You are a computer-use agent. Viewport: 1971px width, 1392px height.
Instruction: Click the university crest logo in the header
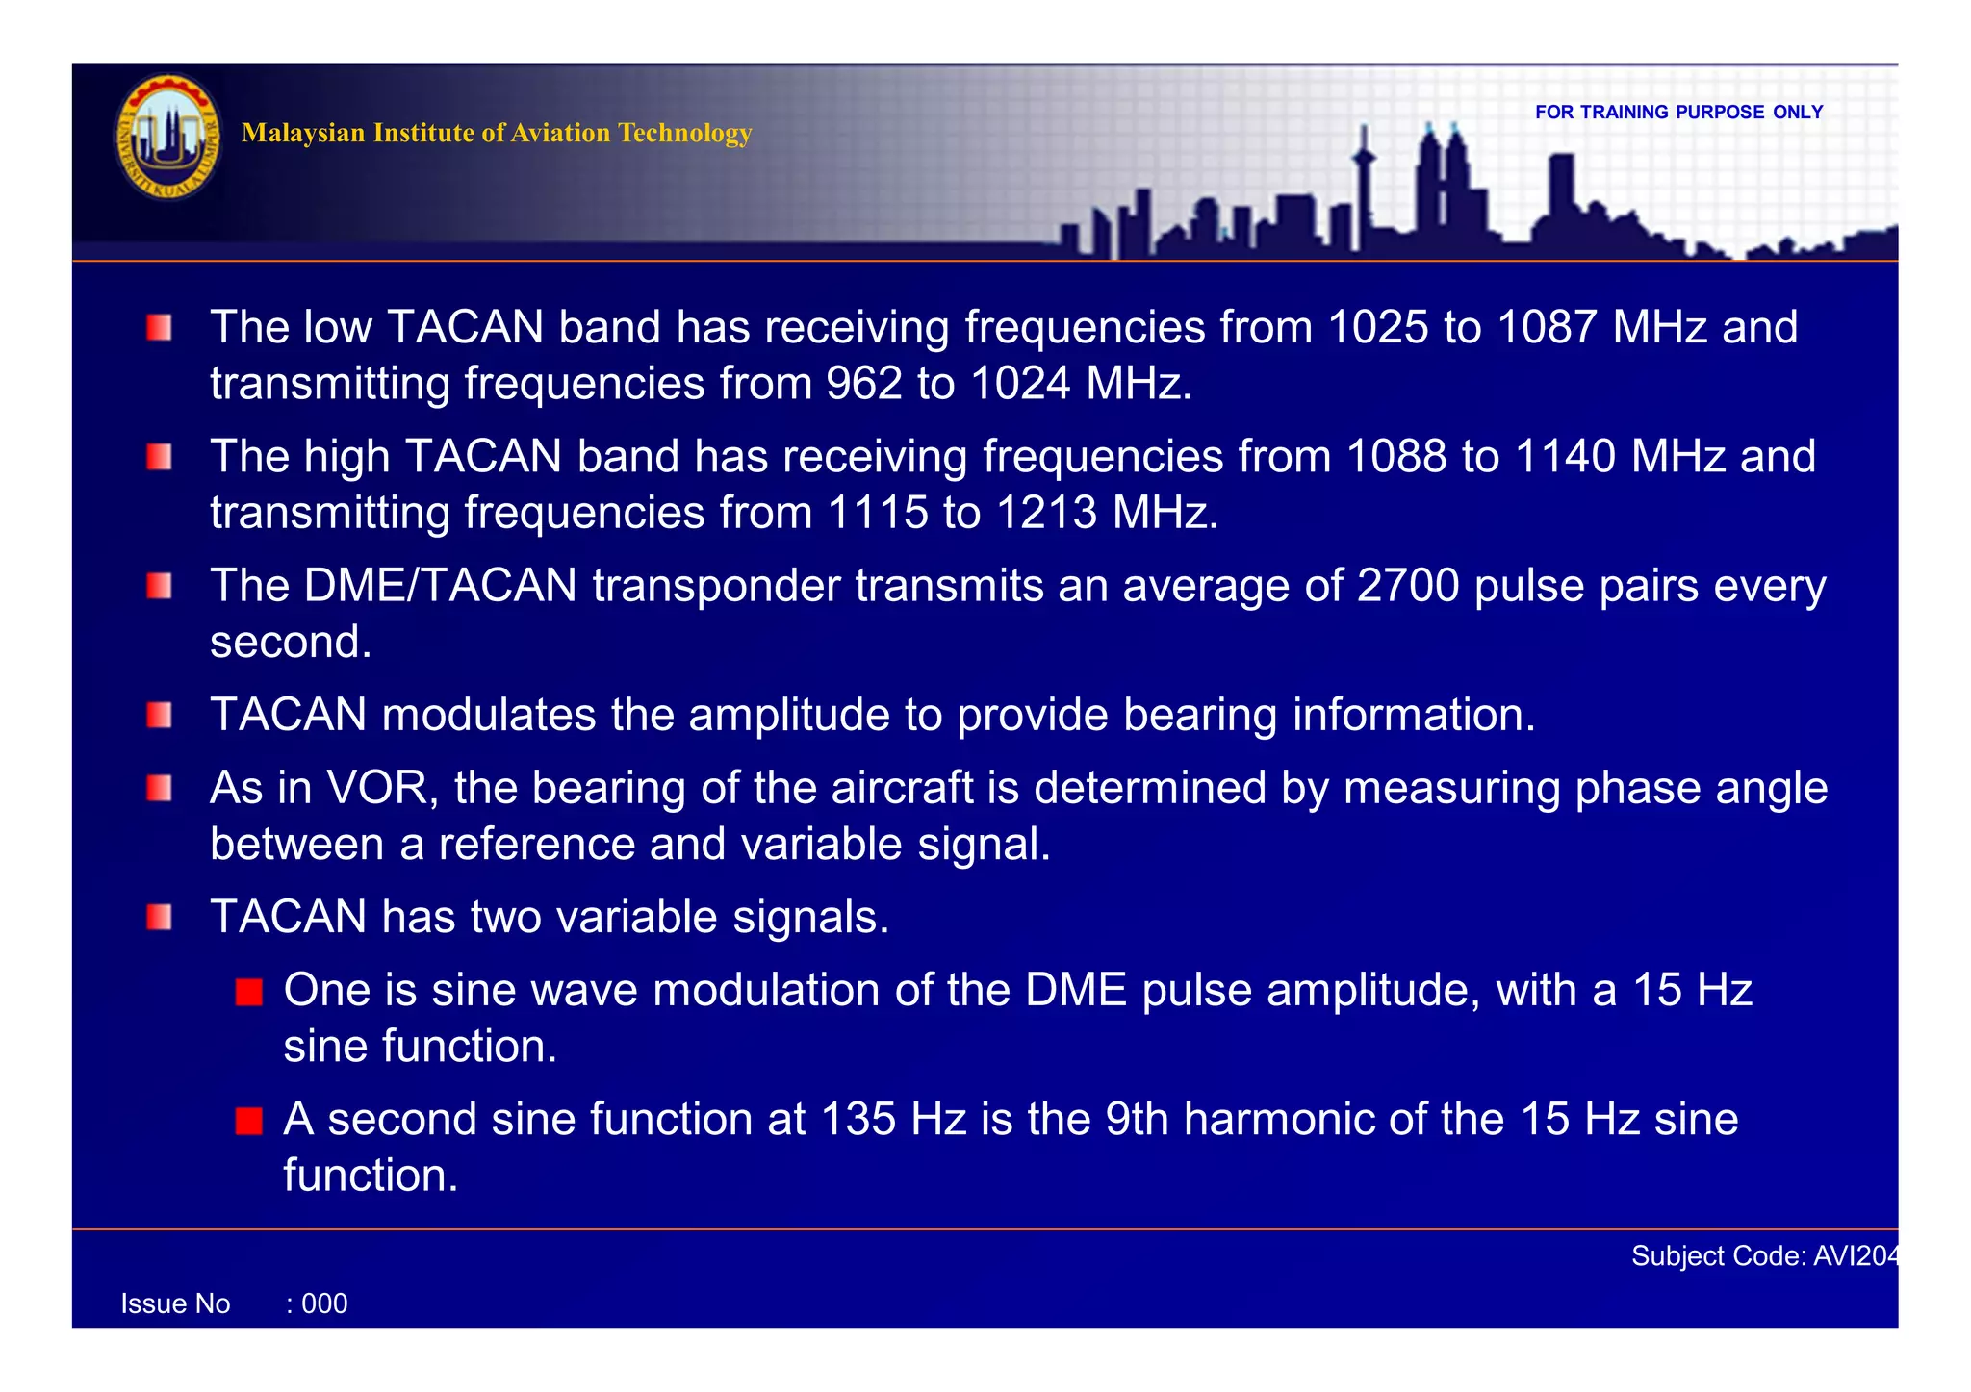(167, 137)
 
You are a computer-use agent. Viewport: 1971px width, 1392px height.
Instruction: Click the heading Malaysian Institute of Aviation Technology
(496, 133)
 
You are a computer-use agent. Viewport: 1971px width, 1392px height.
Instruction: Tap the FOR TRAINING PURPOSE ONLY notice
(1678, 113)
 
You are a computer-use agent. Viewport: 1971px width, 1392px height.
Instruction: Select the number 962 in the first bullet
(863, 384)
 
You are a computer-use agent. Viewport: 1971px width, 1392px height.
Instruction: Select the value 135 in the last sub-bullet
(858, 1120)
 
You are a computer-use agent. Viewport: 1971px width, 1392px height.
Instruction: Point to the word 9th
(1136, 1120)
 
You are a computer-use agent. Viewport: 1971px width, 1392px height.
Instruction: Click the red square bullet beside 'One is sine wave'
(249, 992)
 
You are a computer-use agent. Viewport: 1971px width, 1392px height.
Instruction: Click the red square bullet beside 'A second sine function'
(249, 1121)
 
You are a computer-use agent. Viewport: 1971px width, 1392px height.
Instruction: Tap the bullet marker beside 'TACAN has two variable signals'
(160, 918)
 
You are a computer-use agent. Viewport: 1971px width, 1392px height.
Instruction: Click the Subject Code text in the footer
(1763, 1255)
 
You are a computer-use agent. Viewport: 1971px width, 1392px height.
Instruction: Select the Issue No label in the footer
(175, 1303)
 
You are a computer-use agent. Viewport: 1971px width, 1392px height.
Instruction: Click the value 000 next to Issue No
(323, 1303)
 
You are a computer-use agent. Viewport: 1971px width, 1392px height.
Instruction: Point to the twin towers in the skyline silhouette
(1442, 178)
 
